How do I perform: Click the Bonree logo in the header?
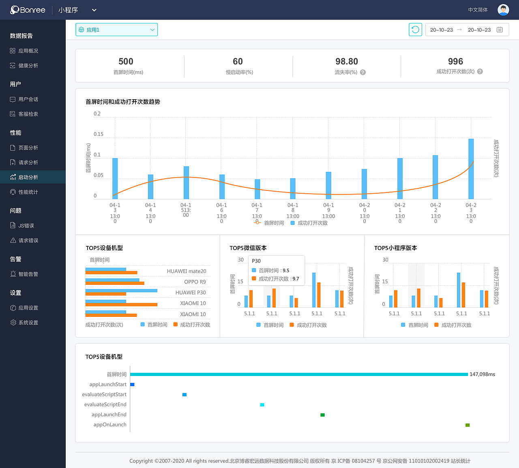tap(28, 10)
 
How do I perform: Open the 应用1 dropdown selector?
tap(116, 30)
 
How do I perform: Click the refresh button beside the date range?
tap(415, 30)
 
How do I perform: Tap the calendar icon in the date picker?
tap(500, 30)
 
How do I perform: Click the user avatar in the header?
tap(503, 10)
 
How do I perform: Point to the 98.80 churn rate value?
tap(347, 62)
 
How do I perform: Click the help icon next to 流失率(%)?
tap(363, 73)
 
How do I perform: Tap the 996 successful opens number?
tap(455, 62)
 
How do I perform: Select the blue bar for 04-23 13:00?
tap(471, 169)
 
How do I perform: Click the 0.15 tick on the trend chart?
tap(98, 134)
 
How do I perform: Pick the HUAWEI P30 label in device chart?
tap(191, 293)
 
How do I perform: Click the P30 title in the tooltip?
tap(256, 261)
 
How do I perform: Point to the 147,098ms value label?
tap(482, 374)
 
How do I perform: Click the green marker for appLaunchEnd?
tap(322, 415)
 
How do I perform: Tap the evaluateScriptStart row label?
tap(104, 394)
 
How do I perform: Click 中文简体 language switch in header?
tap(478, 10)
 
